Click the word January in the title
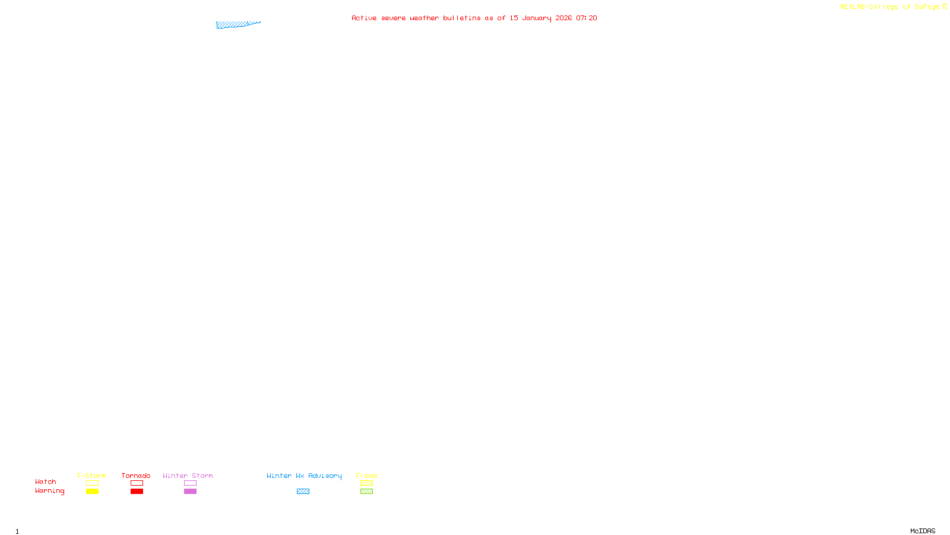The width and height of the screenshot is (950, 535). pos(536,18)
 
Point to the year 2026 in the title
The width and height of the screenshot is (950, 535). pos(563,18)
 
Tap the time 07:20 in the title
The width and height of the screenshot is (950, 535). pos(587,18)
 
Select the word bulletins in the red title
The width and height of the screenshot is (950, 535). pos(461,18)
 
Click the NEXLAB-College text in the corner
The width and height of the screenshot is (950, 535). pos(869,7)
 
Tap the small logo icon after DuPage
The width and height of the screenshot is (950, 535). pos(945,7)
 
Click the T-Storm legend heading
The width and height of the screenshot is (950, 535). pos(91,476)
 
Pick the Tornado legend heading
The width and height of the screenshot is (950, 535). pos(136,476)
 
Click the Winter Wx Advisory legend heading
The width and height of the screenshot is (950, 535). pos(304,476)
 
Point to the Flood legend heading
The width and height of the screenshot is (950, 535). pos(366,476)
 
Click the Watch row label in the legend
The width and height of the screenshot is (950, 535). pos(46,481)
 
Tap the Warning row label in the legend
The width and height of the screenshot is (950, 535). pos(49,491)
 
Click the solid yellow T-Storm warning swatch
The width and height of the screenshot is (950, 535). pos(92,492)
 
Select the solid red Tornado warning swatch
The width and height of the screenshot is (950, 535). pos(137,492)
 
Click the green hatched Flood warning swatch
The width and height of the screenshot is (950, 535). pos(366,492)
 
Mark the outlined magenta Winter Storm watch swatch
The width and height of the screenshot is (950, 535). pos(190,483)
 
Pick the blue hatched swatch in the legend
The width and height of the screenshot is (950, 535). pos(303,492)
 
